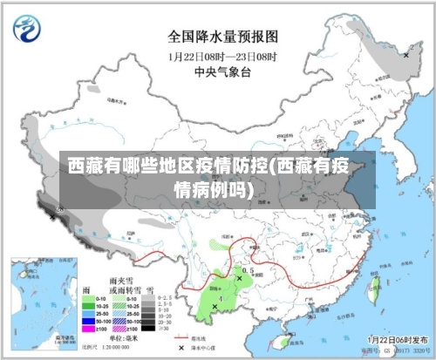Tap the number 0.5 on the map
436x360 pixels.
click(248, 271)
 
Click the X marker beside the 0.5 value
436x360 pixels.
click(240, 278)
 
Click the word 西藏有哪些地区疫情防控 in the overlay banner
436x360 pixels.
click(166, 165)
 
